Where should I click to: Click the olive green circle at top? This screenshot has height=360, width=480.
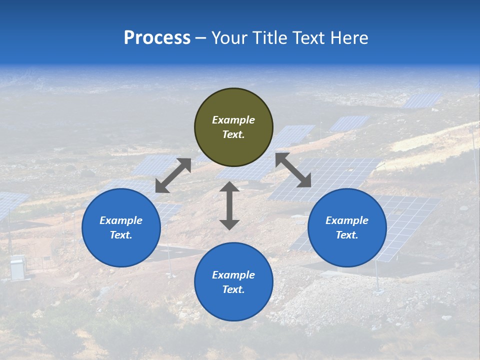[x=233, y=127]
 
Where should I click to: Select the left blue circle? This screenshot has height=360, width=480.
[x=121, y=227]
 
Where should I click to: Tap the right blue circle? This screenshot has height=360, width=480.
[x=347, y=227]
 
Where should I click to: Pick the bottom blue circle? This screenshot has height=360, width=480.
[x=233, y=281]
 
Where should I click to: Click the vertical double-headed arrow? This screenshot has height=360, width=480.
[x=229, y=205]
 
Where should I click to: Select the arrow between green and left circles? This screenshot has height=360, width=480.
[x=173, y=175]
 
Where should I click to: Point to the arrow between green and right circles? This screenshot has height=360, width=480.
[x=293, y=170]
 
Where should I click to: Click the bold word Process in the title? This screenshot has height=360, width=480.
[x=157, y=38]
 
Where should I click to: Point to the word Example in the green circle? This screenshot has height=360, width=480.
[x=233, y=120]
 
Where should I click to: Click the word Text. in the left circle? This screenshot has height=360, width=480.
[x=121, y=235]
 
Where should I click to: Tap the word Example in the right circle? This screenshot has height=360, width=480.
[x=347, y=220]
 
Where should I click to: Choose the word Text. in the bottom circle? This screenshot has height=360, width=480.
[x=233, y=289]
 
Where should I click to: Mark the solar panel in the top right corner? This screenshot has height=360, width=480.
[x=422, y=100]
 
